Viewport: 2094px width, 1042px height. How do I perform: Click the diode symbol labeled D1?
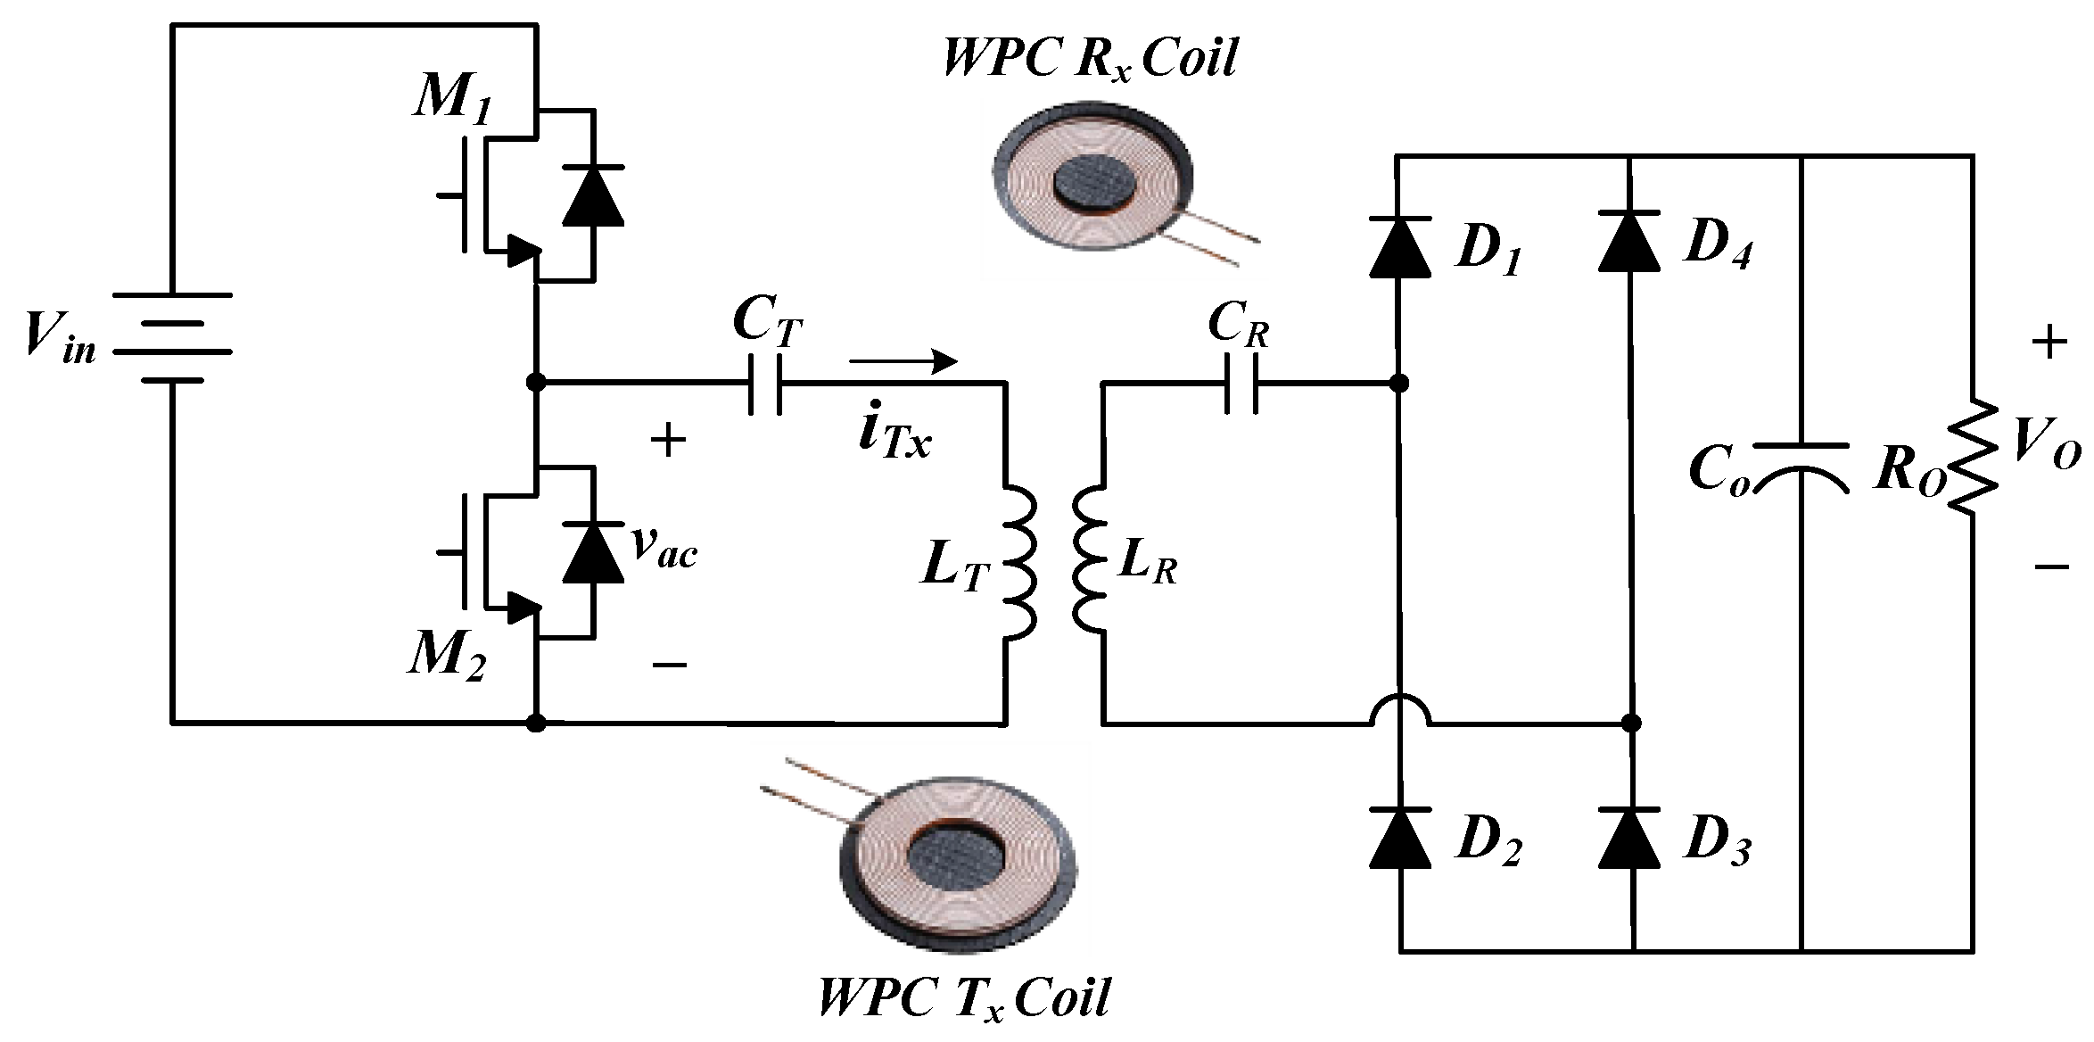1400,244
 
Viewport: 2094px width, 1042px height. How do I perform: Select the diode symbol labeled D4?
1630,241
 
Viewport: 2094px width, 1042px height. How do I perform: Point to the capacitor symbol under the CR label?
1241,384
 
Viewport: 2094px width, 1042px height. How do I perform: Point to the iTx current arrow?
903,361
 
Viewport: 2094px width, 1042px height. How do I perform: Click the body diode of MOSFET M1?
593,194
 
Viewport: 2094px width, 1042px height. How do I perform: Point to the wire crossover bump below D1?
1400,708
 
